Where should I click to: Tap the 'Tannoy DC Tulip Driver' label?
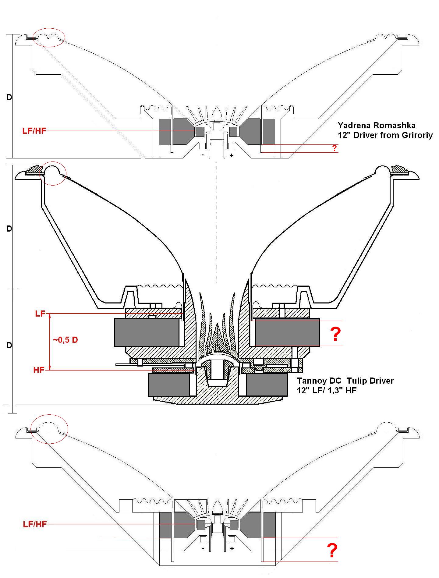[345, 381]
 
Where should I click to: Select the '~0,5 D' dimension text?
[65, 340]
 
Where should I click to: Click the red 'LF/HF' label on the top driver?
[34, 131]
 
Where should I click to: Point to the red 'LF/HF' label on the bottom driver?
[35, 524]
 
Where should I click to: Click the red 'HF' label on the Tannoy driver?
[39, 370]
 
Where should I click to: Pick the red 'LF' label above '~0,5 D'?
[40, 314]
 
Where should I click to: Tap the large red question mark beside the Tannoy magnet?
[335, 335]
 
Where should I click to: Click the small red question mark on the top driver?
[335, 148]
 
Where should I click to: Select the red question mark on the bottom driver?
[332, 551]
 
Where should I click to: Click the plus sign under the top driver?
[232, 155]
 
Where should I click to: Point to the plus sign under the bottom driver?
[232, 548]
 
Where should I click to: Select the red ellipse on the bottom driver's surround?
[50, 429]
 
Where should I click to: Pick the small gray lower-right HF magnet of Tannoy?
[267, 385]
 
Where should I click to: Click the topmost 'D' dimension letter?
[9, 97]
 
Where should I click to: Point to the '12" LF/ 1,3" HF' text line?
[327, 391]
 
